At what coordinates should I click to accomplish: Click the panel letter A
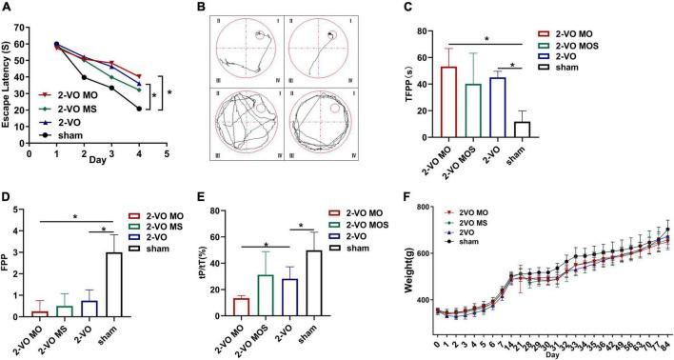pos(9,9)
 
